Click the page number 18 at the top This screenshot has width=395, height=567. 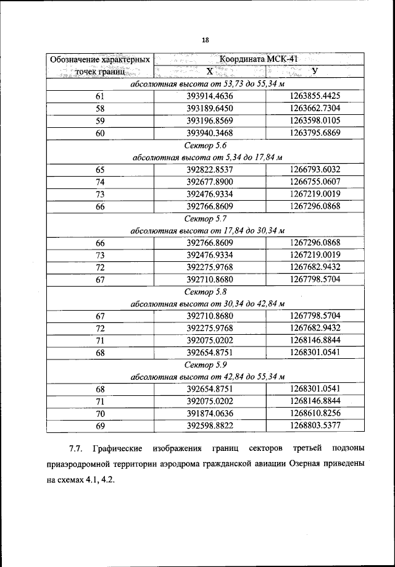coord(205,40)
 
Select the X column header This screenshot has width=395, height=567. coord(210,72)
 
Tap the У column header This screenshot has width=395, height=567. coord(315,72)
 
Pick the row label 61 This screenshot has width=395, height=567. coord(100,96)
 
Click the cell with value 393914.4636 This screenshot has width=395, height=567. coord(210,96)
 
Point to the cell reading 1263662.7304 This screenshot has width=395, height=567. coord(315,108)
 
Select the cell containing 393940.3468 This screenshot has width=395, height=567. coord(210,133)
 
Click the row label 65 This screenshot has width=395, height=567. coord(100,169)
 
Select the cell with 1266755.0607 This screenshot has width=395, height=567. coord(315,182)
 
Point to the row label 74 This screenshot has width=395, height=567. coord(100,182)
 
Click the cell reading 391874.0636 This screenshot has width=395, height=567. coord(210,413)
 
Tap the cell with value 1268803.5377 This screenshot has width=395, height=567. coord(315,426)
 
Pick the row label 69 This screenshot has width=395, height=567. coord(100,426)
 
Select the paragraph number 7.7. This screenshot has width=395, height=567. coord(75,447)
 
